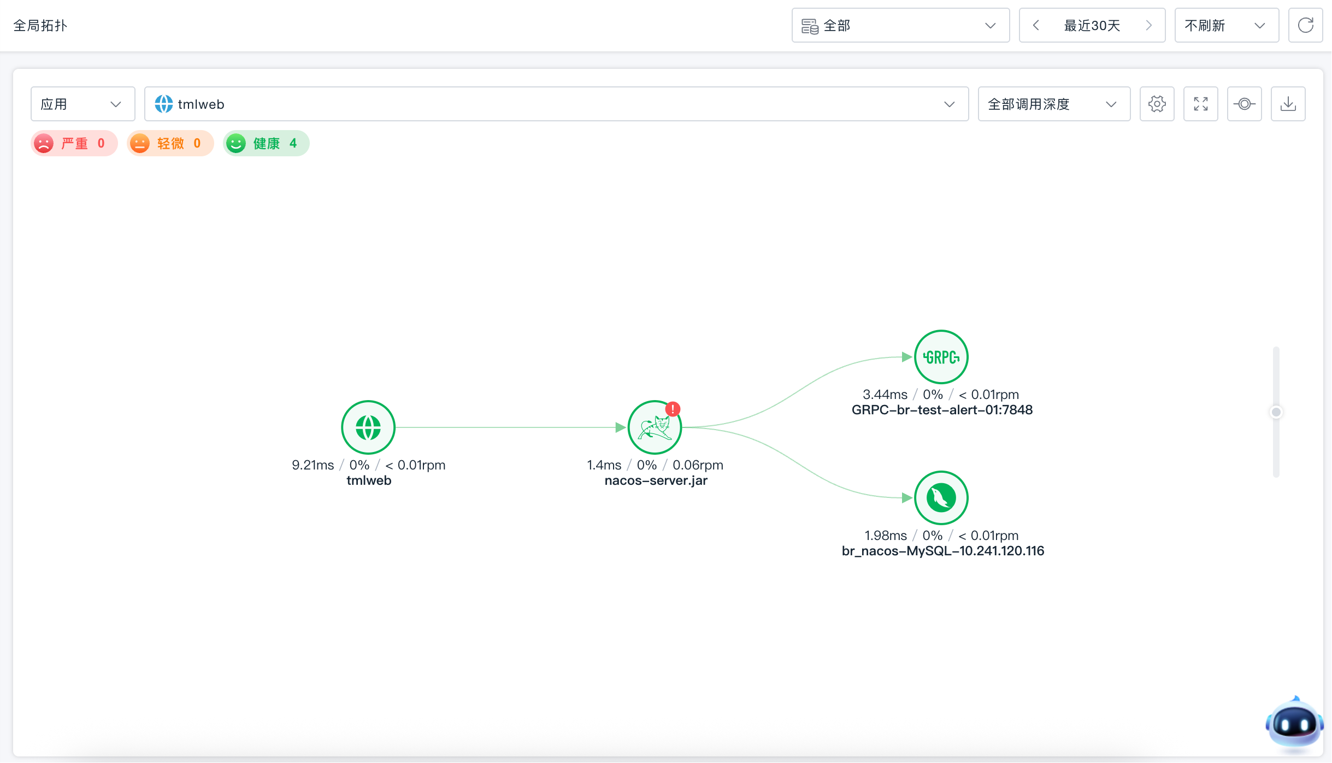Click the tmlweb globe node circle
pos(368,427)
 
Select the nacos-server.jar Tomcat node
pos(655,427)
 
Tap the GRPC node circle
pos(941,357)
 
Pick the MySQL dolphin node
pos(941,498)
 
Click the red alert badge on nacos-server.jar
pos(673,409)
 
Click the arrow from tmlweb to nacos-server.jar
pos(511,427)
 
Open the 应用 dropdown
pos(82,104)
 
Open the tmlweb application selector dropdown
pos(556,104)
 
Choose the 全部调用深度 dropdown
pos(1054,104)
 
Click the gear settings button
pos(1157,104)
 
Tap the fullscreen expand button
pos(1200,104)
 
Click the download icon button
pos(1288,104)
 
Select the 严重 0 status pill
pos(74,143)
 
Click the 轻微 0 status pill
pos(170,143)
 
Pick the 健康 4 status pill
pos(266,143)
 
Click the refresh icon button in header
pos(1305,25)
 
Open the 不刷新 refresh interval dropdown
pos(1227,25)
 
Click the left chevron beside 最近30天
pos(1035,25)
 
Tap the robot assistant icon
pos(1294,724)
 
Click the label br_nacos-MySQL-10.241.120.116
pos(942,551)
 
